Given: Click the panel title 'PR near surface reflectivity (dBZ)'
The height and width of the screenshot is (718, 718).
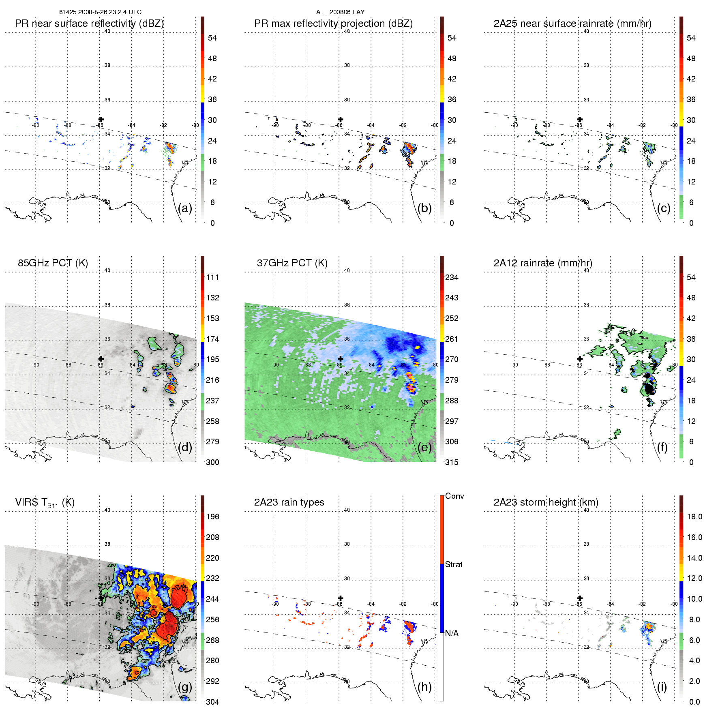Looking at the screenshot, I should coord(89,24).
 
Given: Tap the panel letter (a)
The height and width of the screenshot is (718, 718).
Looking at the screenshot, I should coord(185,208).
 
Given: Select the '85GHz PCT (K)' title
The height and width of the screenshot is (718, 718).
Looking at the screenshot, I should coord(53,263).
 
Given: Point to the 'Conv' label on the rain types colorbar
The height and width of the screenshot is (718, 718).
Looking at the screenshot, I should coord(454,496).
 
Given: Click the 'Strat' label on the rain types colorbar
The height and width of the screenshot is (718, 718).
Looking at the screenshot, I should coord(454,564).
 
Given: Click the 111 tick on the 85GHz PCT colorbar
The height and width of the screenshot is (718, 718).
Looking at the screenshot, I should coord(212,277).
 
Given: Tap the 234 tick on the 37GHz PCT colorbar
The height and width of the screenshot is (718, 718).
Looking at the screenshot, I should coord(452,277).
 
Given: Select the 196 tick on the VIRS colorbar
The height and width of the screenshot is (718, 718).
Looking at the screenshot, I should coord(212,517).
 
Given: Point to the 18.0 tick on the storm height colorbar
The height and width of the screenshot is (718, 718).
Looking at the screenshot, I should coord(694,517).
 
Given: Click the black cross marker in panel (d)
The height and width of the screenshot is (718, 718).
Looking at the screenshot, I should coord(101,359).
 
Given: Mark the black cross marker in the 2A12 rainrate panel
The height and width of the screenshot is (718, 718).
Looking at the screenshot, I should coord(580,359).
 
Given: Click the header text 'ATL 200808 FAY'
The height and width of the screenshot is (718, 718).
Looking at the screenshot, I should coord(340,12).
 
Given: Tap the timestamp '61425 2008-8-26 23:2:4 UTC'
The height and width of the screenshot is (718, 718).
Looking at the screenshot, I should coord(100,12).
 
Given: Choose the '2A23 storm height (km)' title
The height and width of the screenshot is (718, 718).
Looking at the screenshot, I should coord(546,502).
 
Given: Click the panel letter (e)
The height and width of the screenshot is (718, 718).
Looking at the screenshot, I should coord(424,447).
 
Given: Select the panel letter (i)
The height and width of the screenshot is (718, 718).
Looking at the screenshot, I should coord(662,687).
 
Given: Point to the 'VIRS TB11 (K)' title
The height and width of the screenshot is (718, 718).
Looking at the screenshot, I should coord(45,503).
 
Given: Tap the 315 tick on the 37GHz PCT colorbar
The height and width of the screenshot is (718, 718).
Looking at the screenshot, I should coord(452,462).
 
